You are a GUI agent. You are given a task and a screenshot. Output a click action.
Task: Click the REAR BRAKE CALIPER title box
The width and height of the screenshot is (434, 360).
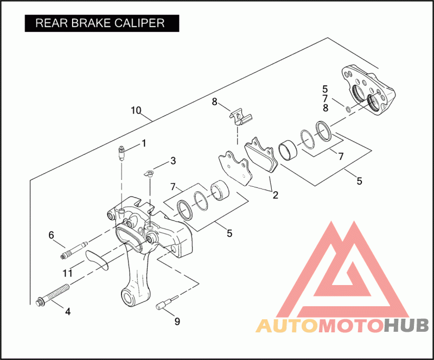(x=101, y=23)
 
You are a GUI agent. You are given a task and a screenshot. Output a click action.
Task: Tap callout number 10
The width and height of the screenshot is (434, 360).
(x=136, y=110)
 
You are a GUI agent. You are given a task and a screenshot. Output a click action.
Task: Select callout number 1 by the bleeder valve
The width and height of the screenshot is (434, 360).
(x=144, y=143)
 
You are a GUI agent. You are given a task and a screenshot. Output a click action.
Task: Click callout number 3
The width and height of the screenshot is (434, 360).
(x=173, y=161)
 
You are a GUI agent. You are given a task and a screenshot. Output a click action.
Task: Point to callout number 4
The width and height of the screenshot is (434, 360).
(x=68, y=312)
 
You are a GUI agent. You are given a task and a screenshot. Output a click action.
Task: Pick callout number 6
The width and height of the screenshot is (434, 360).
(x=52, y=235)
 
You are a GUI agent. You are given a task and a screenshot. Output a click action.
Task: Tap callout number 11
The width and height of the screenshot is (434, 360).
(x=67, y=272)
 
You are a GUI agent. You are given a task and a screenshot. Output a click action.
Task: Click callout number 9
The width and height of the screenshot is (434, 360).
(x=177, y=321)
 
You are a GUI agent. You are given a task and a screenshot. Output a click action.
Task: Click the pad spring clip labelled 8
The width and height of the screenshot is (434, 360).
(x=239, y=116)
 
